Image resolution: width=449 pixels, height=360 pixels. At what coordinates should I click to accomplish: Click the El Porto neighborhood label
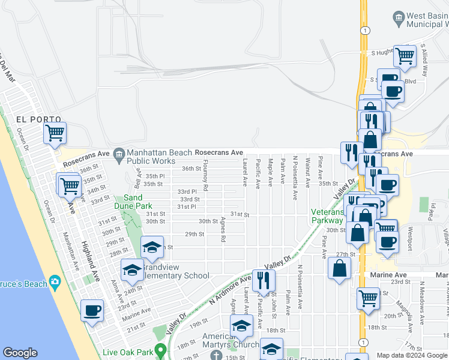pyautogui.click(x=29, y=119)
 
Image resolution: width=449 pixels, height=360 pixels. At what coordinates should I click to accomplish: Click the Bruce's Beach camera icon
pyautogui.click(x=55, y=281)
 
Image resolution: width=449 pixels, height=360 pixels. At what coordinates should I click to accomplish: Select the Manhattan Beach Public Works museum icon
pyautogui.click(x=119, y=154)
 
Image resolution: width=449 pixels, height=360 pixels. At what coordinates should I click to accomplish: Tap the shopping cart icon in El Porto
pyautogui.click(x=55, y=132)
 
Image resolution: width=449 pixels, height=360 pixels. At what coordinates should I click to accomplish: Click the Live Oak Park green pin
pyautogui.click(x=160, y=349)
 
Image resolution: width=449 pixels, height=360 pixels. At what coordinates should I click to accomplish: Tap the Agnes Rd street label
pyautogui.click(x=223, y=229)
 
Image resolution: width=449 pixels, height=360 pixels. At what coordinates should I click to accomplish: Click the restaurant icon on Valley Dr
pyautogui.click(x=263, y=279)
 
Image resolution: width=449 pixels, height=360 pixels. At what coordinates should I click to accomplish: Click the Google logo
pyautogui.click(x=20, y=353)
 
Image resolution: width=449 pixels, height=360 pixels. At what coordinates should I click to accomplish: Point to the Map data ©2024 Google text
pyautogui.click(x=412, y=355)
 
